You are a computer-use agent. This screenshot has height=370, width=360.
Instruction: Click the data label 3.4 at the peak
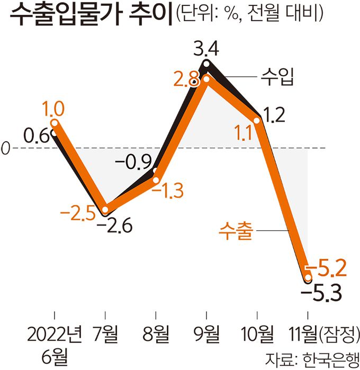point(206,51)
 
